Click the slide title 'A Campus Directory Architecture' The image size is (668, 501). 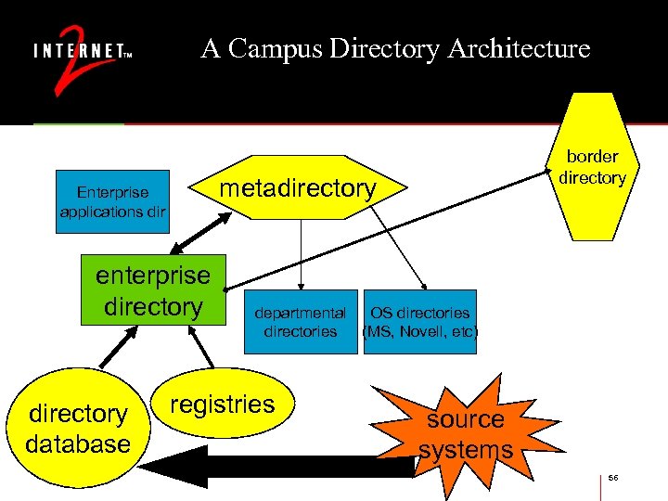(395, 48)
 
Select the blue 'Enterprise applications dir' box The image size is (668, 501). (112, 201)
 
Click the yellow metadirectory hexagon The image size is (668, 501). (297, 188)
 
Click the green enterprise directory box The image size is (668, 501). (153, 290)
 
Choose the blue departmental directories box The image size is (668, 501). (300, 322)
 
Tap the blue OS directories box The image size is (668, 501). (420, 322)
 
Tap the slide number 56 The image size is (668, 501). (613, 477)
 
